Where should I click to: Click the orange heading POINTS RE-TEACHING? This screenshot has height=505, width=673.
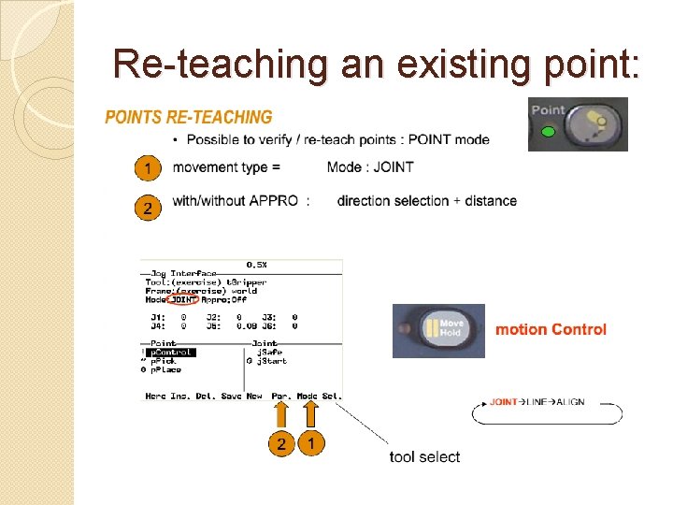188,117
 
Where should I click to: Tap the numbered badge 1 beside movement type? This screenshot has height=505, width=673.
146,168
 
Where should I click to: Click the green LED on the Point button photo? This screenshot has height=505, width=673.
549,132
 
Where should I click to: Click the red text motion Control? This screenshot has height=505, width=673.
551,329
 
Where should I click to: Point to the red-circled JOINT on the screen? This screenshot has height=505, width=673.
184,299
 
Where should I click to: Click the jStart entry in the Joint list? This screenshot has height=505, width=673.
272,360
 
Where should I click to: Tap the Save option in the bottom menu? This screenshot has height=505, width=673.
232,397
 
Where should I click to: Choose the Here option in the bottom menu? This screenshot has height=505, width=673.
155,397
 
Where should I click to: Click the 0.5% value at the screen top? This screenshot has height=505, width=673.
256,264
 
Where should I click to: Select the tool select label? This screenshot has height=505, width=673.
425,456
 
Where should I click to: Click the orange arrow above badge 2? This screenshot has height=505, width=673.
281,415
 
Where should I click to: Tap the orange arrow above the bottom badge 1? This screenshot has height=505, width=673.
311,415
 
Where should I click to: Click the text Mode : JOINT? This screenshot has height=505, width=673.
370,167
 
